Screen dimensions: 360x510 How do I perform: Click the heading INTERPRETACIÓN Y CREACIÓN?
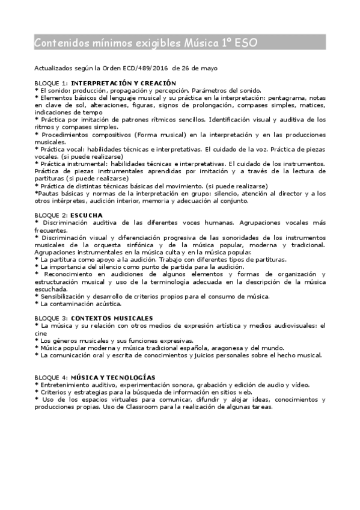click(x=123, y=82)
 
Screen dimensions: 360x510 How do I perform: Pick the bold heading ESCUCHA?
click(x=87, y=215)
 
